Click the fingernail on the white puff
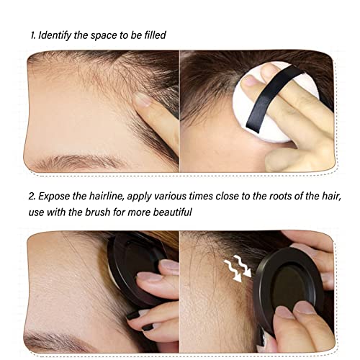(x=250, y=81)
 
